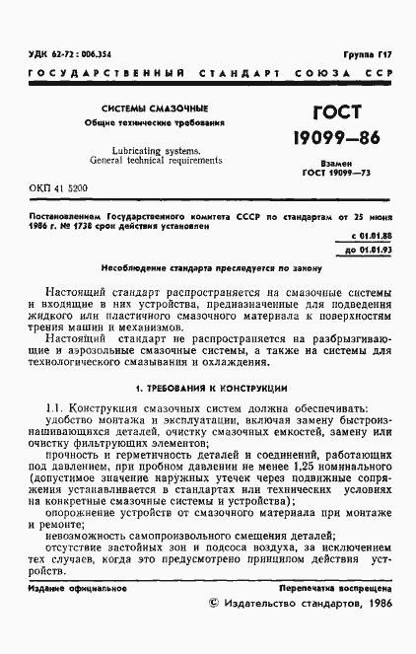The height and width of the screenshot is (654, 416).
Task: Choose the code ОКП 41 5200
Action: pyautogui.click(x=60, y=186)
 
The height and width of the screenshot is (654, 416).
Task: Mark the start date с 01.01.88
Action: pyautogui.click(x=371, y=237)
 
